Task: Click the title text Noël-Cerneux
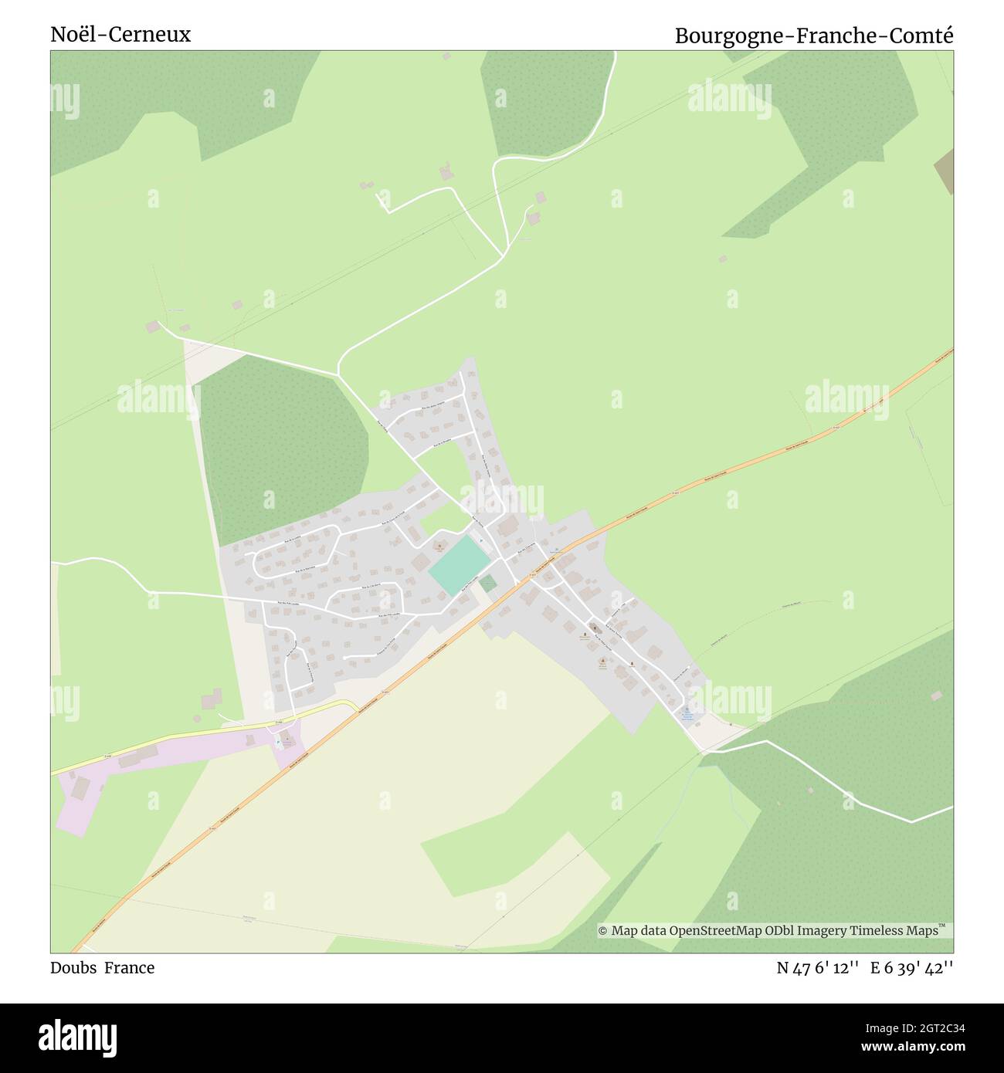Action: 120,35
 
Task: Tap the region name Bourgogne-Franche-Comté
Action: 814,36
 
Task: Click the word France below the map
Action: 129,968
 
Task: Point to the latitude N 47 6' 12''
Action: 818,968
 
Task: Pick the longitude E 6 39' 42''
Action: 911,968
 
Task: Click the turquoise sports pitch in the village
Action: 459,566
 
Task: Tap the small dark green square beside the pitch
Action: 487,583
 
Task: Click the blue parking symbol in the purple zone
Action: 278,743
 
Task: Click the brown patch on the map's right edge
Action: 944,171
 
